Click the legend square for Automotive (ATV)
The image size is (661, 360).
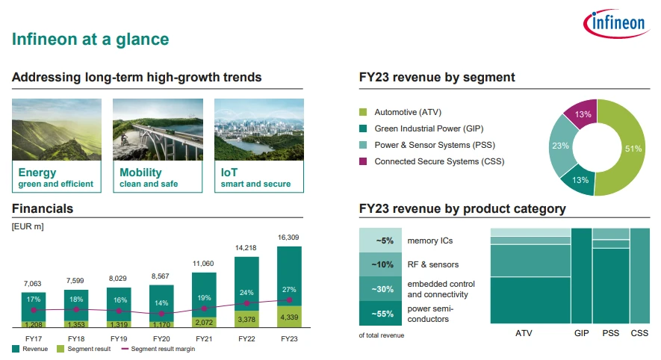[363, 112]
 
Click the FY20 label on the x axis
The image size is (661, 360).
[161, 338]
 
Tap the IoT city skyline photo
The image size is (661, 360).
[258, 128]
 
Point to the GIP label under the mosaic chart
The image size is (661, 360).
[581, 333]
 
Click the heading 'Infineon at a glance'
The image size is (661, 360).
[90, 39]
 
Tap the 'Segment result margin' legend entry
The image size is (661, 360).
[159, 349]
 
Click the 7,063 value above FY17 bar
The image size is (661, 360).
[33, 284]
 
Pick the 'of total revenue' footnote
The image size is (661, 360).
[382, 335]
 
